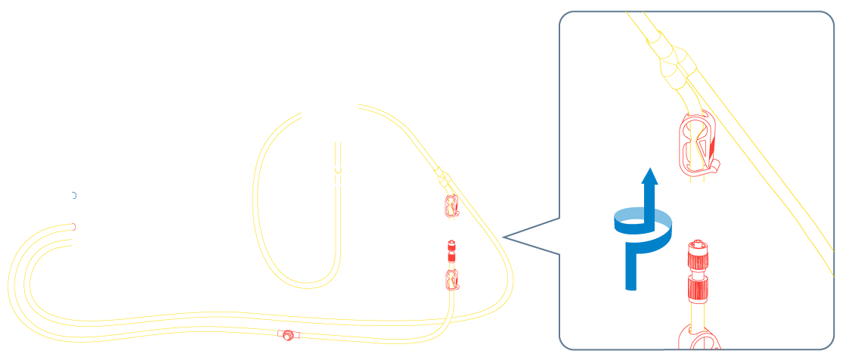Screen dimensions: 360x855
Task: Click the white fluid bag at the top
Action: tap(330, 50)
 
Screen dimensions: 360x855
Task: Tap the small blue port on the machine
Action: tap(73, 195)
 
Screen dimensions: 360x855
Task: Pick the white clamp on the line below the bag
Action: tap(340, 175)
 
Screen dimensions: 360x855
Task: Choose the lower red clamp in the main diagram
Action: tap(451, 279)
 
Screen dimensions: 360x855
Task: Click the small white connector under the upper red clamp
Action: tap(451, 225)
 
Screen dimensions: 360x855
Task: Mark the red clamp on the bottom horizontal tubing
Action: tap(287, 335)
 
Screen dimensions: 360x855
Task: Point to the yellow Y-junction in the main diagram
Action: tap(443, 180)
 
